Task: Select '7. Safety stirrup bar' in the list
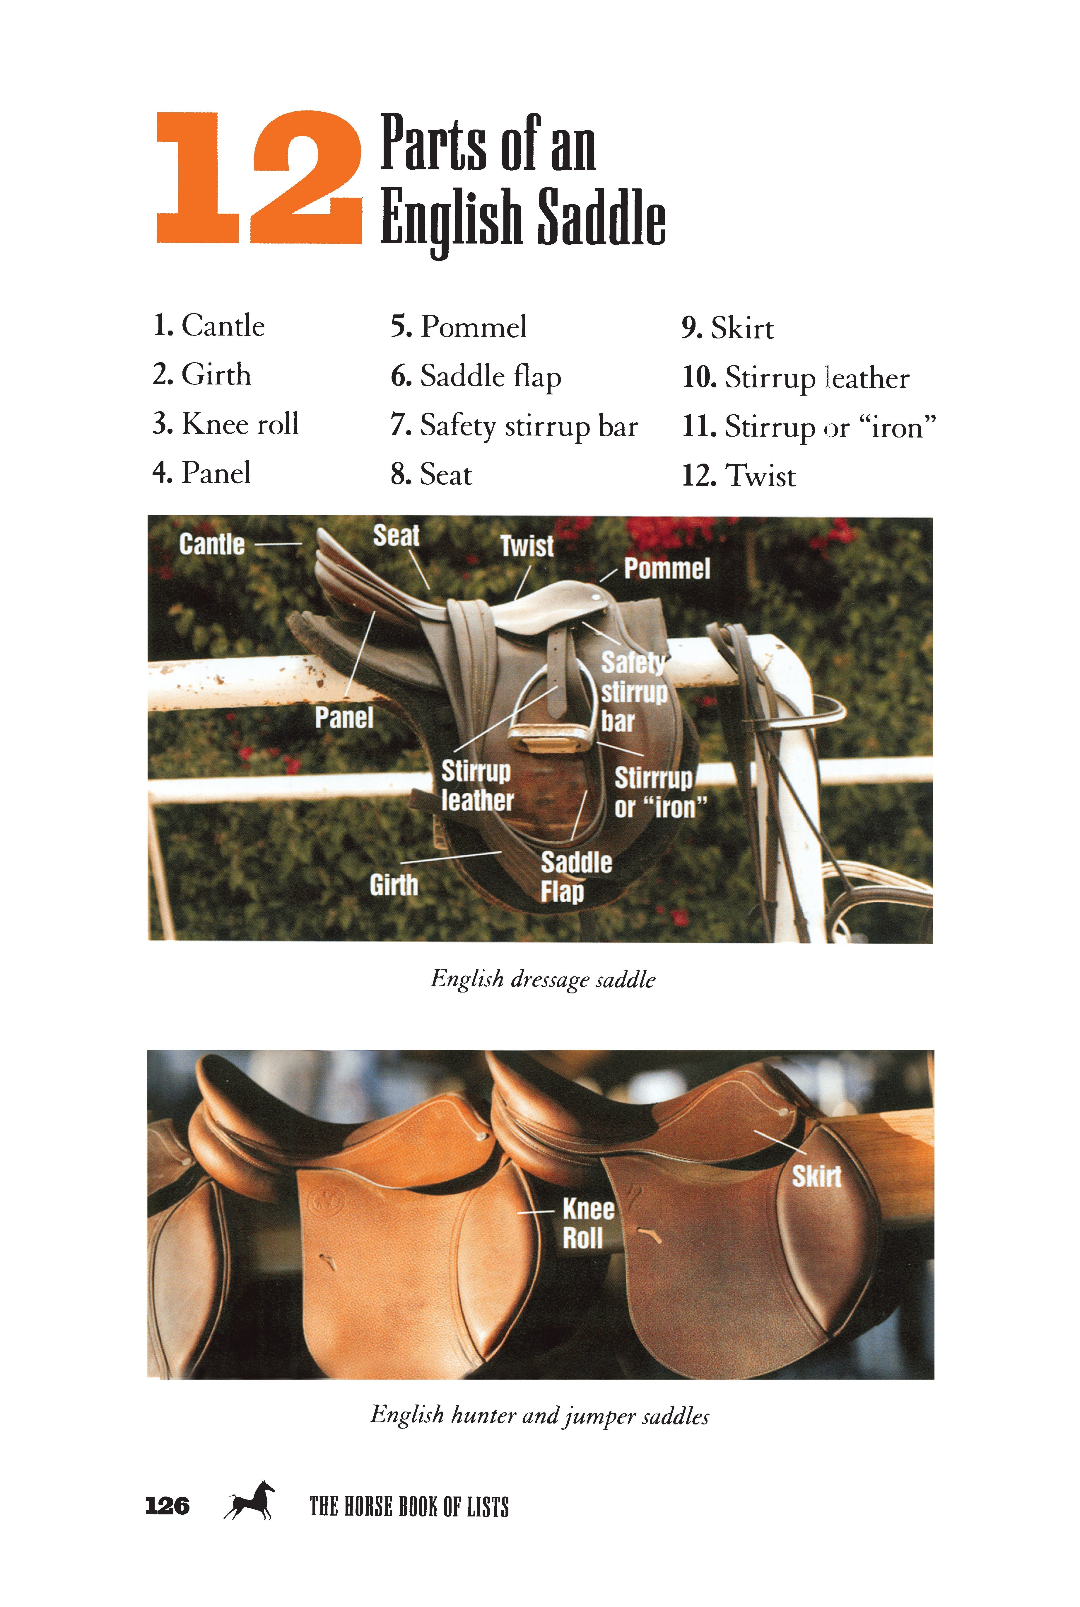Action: [x=514, y=426]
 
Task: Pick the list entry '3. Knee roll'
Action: [x=226, y=423]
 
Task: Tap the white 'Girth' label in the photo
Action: [x=393, y=885]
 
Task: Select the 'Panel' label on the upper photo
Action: [x=344, y=718]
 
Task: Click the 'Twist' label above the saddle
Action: [x=527, y=547]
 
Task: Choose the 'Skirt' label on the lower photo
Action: [x=816, y=1176]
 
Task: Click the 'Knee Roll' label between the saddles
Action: [x=587, y=1223]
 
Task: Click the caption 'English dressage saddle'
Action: [x=543, y=979]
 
